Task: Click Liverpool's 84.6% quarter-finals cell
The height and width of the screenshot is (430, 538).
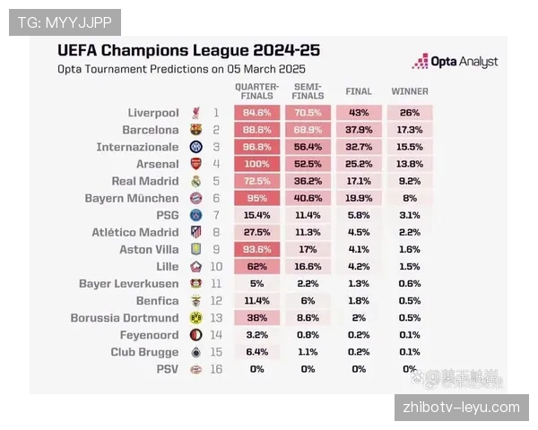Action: [x=257, y=113]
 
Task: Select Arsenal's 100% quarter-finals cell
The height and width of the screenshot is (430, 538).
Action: [x=257, y=164]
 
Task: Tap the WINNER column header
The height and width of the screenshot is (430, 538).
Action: [x=410, y=91]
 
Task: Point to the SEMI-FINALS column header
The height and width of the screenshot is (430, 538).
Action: [x=308, y=91]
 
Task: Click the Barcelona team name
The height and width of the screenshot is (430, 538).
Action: [x=151, y=130]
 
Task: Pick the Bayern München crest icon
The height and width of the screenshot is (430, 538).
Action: [x=196, y=198]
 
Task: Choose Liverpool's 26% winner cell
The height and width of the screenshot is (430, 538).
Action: [x=410, y=113]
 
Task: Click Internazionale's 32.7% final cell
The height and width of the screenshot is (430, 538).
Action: [x=359, y=147]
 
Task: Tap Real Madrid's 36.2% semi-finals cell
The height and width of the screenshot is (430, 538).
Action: [x=308, y=181]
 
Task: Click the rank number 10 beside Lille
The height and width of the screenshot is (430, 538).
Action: [x=216, y=266]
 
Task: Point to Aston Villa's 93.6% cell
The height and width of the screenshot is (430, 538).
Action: [x=257, y=249]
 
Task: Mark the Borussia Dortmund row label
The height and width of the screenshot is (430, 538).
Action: [x=125, y=318]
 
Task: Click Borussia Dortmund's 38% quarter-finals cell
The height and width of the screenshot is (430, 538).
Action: [x=257, y=318]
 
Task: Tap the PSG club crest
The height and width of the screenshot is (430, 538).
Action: [x=196, y=215]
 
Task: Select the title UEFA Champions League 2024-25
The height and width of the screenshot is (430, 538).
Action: [x=188, y=50]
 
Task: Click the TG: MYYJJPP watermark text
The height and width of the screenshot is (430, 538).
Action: [x=64, y=21]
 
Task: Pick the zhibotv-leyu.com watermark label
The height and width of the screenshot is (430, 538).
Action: [x=462, y=408]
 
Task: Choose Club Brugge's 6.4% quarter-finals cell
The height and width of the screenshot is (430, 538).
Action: [x=257, y=352]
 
